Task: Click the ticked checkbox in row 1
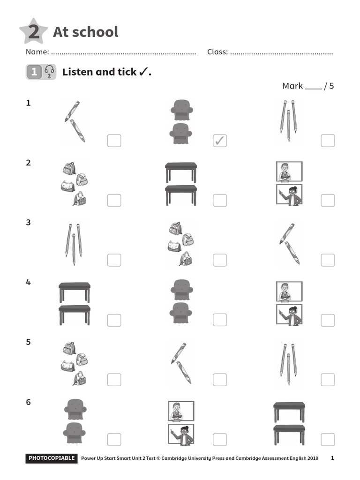coord(219,141)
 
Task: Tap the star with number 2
coord(33,32)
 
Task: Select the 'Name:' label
coord(37,52)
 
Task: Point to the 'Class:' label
coord(217,52)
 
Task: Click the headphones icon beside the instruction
coord(49,72)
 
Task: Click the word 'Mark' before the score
coord(292,86)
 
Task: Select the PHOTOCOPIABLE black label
coord(51,458)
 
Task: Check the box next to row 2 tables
coord(219,200)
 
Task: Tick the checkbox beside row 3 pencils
coord(114,260)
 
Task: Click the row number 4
coord(28,282)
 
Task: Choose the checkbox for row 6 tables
coord(328,439)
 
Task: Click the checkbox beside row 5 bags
coord(114,379)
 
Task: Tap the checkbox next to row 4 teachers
coord(328,320)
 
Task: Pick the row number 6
coord(28,402)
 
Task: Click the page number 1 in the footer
coord(332,458)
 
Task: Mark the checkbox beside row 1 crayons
coord(114,141)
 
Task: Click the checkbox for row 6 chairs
coord(114,439)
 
